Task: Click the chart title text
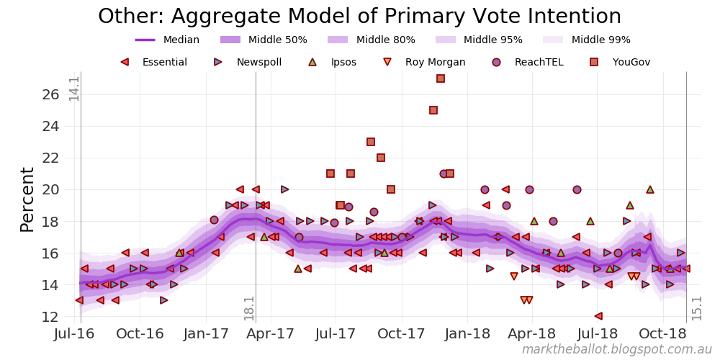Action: click(359, 17)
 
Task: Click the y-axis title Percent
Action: click(27, 199)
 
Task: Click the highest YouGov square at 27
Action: click(441, 78)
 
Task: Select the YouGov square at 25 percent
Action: click(433, 110)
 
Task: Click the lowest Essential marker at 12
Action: click(598, 316)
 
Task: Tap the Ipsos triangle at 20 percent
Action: click(650, 189)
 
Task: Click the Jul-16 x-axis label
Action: click(76, 335)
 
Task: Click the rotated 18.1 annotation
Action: click(249, 307)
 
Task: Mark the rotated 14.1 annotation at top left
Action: click(74, 88)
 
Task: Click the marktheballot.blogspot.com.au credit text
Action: click(616, 350)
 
